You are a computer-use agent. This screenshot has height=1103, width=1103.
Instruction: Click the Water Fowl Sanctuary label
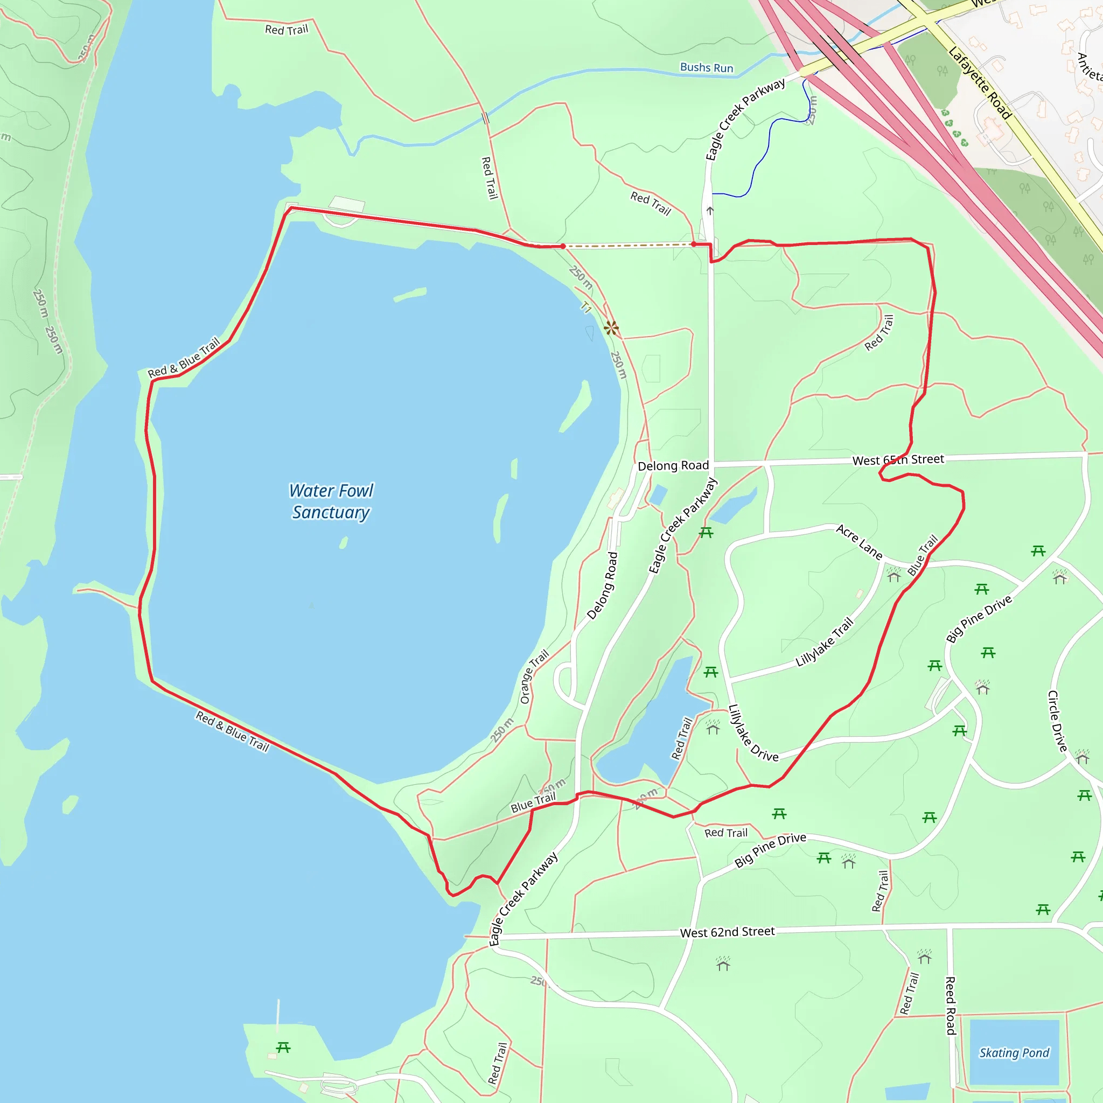[331, 501]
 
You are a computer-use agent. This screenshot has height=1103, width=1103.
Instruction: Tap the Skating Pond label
[1014, 1052]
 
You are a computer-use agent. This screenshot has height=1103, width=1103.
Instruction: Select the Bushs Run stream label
[706, 67]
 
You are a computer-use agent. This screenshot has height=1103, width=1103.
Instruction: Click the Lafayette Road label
[980, 82]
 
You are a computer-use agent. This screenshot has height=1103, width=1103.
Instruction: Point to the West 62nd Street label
[727, 932]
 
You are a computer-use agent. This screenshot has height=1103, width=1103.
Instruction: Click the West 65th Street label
[897, 459]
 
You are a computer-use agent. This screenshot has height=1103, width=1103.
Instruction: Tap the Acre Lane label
[859, 542]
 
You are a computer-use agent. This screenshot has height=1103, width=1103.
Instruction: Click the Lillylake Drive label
[752, 733]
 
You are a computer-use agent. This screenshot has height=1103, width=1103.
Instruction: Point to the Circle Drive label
[1057, 721]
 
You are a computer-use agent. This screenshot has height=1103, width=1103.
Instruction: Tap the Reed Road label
[951, 1006]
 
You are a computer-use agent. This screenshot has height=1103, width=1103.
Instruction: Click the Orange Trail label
[534, 676]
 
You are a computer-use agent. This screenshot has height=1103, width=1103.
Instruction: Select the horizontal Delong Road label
[673, 465]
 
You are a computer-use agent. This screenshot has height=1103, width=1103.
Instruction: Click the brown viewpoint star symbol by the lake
[611, 327]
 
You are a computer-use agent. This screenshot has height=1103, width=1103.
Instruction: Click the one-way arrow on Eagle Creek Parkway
[710, 211]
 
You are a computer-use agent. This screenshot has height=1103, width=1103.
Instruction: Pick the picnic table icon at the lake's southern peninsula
[283, 1047]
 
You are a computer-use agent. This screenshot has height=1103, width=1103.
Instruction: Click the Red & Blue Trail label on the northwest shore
[184, 358]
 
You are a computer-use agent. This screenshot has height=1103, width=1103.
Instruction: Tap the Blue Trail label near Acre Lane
[923, 554]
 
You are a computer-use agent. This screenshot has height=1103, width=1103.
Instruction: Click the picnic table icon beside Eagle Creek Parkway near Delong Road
[706, 533]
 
